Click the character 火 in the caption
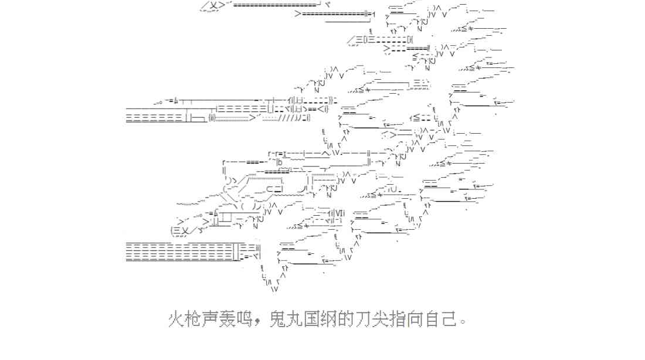pyautogui.click(x=177, y=320)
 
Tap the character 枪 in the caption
pyautogui.click(x=194, y=320)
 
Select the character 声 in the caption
pyautogui.click(x=211, y=320)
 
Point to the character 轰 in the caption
pyautogui.click(x=228, y=320)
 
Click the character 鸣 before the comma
pyautogui.click(x=245, y=320)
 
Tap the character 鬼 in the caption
pyautogui.click(x=279, y=320)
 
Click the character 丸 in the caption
pyautogui.click(x=296, y=320)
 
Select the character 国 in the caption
pyautogui.click(x=313, y=320)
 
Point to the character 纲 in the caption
pyautogui.click(x=330, y=320)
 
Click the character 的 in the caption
pyautogui.click(x=347, y=320)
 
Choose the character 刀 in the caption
pyautogui.click(x=364, y=320)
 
